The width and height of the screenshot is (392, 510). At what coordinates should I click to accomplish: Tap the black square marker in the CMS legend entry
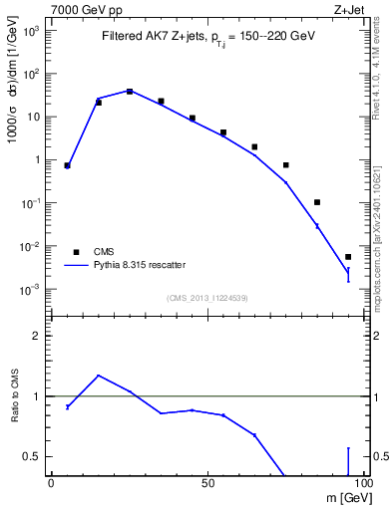click(x=75, y=251)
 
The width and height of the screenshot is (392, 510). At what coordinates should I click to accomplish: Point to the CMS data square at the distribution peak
click(x=130, y=91)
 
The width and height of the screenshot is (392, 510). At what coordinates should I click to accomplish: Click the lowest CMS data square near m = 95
click(x=348, y=257)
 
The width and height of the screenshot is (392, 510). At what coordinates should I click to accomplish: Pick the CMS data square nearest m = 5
click(x=67, y=165)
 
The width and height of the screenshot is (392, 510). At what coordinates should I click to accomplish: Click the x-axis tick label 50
click(x=207, y=483)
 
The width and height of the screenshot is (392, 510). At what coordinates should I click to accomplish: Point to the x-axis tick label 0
click(x=51, y=483)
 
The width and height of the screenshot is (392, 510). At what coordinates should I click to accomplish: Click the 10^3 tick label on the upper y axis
click(x=32, y=31)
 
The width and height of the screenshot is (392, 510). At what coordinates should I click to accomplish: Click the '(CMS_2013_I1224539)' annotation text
click(x=206, y=298)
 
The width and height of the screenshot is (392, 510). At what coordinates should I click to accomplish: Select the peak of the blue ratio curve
click(x=98, y=376)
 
